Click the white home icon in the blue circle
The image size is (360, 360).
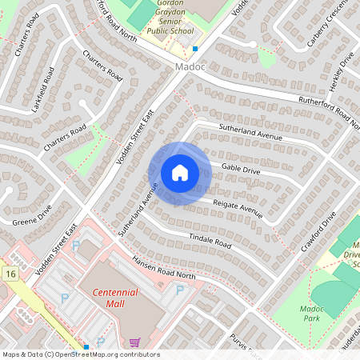(180, 172)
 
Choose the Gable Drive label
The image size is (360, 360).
(241, 169)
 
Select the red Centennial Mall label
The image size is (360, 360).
(114, 298)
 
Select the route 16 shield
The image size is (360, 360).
(10, 274)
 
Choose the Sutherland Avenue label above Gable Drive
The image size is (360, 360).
(252, 136)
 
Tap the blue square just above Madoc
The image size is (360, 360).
(194, 49)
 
